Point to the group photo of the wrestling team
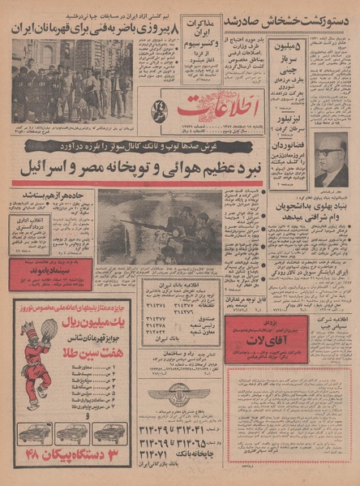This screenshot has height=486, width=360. [65, 80]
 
